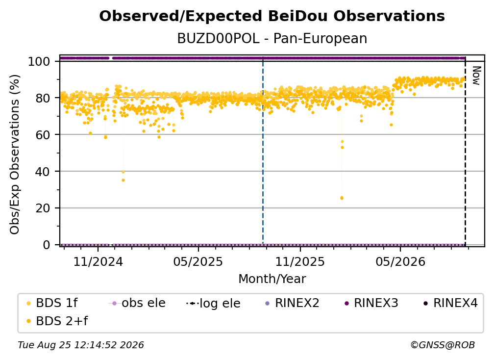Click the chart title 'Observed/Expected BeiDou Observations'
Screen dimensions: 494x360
pos(272,16)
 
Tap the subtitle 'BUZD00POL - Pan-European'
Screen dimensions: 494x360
pos(272,38)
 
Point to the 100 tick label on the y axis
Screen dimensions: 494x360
pos(39,61)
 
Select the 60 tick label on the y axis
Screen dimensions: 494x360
pos(43,135)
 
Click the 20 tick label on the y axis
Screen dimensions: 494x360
pos(43,208)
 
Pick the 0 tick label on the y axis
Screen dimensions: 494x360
pos(47,245)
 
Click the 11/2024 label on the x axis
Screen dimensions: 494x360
pos(98,261)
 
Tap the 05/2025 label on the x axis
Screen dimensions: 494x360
pos(198,261)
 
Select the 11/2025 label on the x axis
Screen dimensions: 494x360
pos(300,261)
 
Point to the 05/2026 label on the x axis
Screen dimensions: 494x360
pos(400,261)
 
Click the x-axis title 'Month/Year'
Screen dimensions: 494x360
pos(272,279)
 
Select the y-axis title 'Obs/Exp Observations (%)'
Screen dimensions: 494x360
pos(15,154)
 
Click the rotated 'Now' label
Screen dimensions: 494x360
pos(476,76)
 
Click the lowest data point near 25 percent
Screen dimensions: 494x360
pos(342,198)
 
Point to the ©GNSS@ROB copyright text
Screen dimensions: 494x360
pos(443,345)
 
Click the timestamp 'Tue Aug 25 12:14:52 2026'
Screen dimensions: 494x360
pos(81,345)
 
